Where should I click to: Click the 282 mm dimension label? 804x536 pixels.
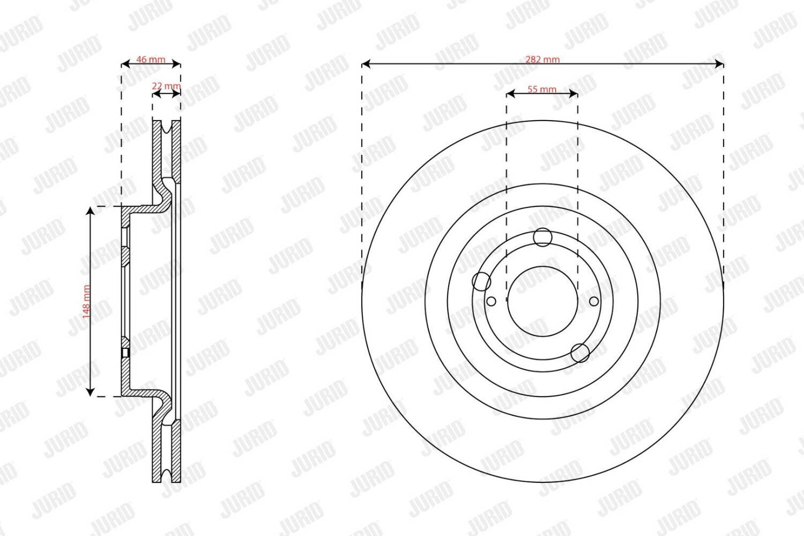click(542, 59)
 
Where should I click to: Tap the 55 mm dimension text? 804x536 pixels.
click(542, 89)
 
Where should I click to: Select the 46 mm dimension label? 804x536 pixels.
click(151, 59)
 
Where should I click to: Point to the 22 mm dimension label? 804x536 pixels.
click(166, 86)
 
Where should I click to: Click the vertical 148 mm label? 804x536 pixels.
click(86, 302)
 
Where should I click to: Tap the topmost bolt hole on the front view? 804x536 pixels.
click(542, 237)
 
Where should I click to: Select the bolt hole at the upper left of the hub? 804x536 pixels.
click(481, 281)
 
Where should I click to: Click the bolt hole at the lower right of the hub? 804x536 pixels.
click(580, 353)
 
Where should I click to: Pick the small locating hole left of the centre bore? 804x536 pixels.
click(491, 301)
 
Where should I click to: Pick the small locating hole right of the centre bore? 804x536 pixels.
click(594, 301)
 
